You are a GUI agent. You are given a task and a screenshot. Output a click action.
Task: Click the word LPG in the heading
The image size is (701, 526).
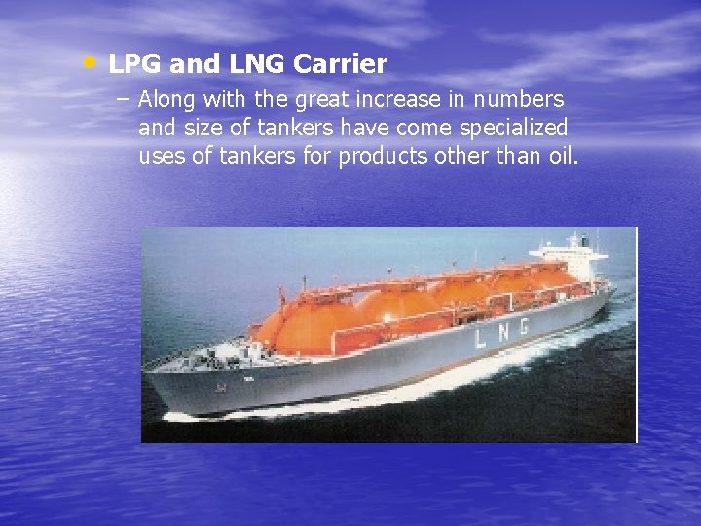click(x=135, y=65)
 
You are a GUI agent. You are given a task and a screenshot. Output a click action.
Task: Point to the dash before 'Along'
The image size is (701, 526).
click(x=126, y=99)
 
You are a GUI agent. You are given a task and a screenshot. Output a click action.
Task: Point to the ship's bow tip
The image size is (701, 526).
click(x=148, y=370)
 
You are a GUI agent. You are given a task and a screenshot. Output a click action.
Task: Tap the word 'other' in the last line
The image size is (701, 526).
click(x=461, y=156)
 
